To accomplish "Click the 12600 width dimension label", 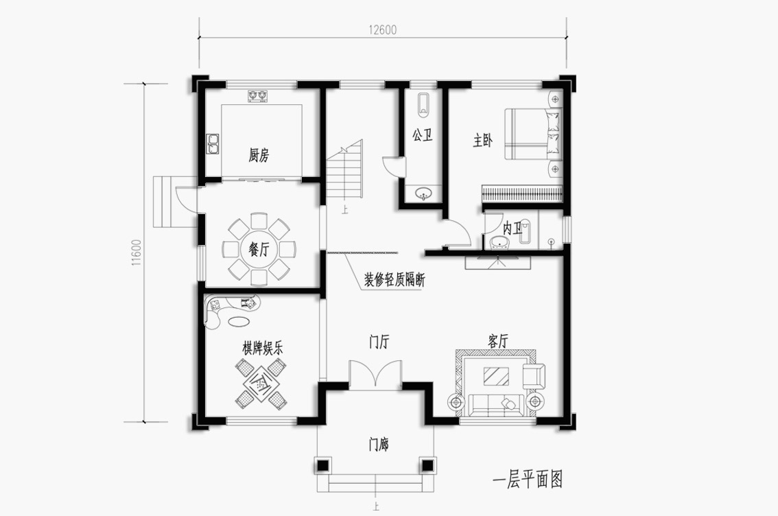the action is pos(383,30).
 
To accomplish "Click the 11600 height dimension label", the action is pos(137,253).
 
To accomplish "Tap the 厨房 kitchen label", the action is pos(259,155).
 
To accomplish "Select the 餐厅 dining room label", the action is pos(259,250).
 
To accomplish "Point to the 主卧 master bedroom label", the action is pos(483,141).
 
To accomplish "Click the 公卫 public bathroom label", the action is pos(422,135).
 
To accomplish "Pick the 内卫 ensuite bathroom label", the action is pos(513,228).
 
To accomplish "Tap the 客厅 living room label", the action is pos(497,341).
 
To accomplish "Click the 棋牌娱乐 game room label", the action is pos(263,348).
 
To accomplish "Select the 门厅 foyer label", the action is pos(379,342).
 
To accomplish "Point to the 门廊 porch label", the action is pos(379,445).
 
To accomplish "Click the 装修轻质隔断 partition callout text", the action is pos(395,281).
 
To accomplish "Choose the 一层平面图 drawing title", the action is pos(528,479).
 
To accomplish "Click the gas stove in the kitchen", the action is pos(257,96).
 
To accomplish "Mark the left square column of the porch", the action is pos(322,465).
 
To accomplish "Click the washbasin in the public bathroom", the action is pos(423,193).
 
